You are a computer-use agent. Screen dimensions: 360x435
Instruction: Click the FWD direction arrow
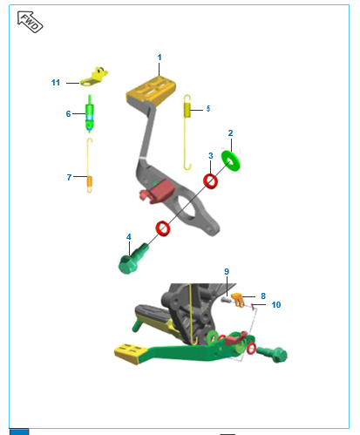coord(30,22)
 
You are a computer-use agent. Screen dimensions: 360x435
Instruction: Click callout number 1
coord(160,58)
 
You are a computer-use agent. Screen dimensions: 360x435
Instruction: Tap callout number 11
coord(56,83)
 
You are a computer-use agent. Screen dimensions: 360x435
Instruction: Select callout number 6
coord(68,113)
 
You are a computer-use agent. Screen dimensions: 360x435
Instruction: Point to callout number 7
coord(69,177)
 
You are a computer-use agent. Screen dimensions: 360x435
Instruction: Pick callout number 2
coord(230,133)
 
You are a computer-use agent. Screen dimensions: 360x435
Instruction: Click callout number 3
coord(211,156)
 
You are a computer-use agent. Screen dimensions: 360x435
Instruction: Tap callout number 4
coord(129,237)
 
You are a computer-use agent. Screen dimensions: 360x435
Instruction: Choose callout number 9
coord(227,271)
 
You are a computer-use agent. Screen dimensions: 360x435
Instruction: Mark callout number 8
coord(263,296)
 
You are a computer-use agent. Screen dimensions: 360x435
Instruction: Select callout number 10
coord(276,305)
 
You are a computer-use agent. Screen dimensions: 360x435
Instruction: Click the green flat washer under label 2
coord(230,160)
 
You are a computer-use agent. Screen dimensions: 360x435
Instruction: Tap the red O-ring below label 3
coord(210,181)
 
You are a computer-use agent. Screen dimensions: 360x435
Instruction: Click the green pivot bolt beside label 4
coord(133,258)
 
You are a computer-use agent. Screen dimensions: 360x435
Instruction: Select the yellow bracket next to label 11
coord(94,77)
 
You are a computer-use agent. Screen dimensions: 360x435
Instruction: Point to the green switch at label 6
coord(90,113)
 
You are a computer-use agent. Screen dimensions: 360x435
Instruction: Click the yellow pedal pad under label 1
coord(151,91)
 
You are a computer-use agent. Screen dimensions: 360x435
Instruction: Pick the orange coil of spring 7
coord(90,181)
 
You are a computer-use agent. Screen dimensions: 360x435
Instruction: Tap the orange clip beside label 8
coord(238,300)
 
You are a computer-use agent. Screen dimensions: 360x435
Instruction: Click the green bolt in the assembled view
coord(273,353)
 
